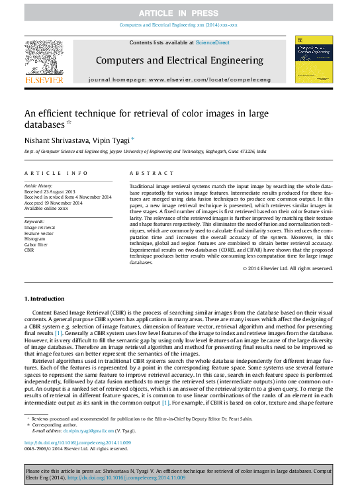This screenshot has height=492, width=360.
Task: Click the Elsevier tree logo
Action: [x=44, y=60]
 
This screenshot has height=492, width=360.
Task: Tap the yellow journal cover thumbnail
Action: [x=314, y=60]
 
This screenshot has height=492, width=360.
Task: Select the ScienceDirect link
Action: [x=212, y=42]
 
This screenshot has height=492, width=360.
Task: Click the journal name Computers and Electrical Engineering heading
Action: [x=179, y=60]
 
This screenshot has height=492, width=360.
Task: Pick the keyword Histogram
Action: [x=36, y=239]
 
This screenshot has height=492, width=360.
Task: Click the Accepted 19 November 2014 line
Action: [x=54, y=203]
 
